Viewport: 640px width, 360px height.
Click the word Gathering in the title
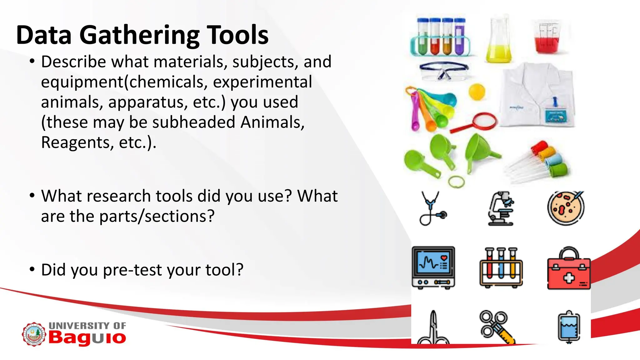tap(139, 35)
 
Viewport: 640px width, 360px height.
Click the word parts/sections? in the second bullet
tap(157, 216)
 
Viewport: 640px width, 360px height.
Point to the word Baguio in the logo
tap(87, 337)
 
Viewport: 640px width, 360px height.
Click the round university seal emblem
tap(34, 334)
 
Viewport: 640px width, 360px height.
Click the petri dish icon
tap(566, 208)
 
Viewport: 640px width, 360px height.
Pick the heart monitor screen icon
tap(433, 267)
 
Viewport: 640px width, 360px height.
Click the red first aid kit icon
tap(568, 269)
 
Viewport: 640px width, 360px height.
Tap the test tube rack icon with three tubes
tap(501, 267)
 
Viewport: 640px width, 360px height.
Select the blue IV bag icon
tap(569, 327)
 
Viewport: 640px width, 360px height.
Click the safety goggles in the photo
tap(444, 71)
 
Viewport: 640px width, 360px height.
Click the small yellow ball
tap(477, 91)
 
